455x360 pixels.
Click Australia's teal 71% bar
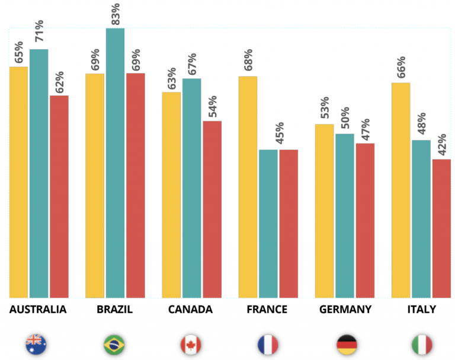tap(39, 173)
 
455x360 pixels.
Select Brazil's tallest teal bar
tap(115, 163)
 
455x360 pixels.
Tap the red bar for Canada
tap(212, 209)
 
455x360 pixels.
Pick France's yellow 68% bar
tap(248, 187)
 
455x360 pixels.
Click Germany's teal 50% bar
tap(345, 216)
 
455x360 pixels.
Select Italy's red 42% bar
tap(441, 229)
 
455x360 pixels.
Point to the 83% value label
tap(115, 14)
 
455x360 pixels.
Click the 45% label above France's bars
tap(280, 133)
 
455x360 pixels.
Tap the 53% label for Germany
tap(325, 107)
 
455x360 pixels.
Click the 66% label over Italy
tap(401, 67)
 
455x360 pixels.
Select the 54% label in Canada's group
tap(213, 106)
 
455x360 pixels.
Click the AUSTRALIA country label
tap(38, 310)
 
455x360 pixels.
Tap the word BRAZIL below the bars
tap(114, 310)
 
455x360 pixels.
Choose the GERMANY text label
tap(345, 310)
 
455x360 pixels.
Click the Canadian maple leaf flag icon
tap(191, 345)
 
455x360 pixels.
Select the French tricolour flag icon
tap(268, 345)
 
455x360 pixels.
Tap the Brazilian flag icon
tap(114, 345)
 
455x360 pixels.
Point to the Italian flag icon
tap(422, 345)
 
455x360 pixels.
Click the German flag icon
tap(347, 345)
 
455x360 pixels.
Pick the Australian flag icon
tap(36, 345)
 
